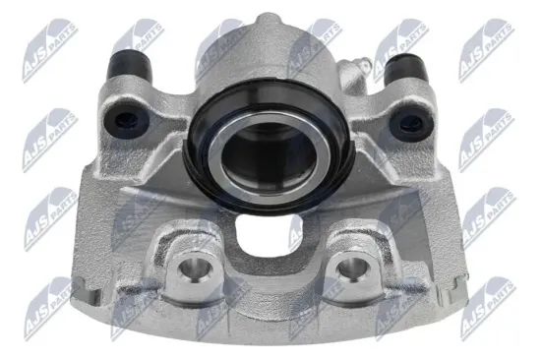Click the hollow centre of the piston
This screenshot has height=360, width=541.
[x=268, y=152]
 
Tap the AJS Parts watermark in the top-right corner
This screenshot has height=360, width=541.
[x=486, y=39]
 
